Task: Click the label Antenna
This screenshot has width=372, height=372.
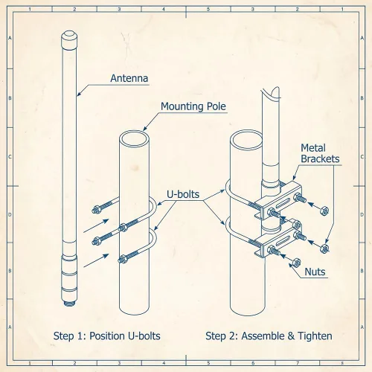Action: [129, 78]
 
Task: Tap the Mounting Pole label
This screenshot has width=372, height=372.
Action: [193, 106]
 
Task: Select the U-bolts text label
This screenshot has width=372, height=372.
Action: [183, 194]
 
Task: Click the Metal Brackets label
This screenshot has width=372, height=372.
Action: [320, 153]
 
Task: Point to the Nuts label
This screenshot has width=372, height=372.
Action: [315, 272]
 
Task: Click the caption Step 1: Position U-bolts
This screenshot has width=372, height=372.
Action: [107, 336]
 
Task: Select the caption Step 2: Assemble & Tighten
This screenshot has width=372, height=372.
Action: [269, 336]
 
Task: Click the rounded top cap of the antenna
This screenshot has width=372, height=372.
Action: [69, 39]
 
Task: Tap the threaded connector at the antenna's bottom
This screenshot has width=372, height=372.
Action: [69, 303]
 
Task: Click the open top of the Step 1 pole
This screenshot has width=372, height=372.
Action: [134, 138]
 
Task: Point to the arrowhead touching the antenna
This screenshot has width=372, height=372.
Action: [79, 94]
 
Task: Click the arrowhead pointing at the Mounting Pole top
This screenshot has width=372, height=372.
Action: [145, 128]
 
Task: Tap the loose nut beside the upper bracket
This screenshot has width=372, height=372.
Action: [324, 211]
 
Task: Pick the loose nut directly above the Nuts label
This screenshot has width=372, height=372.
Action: [296, 262]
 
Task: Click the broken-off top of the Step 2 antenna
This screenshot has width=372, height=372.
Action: [271, 93]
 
